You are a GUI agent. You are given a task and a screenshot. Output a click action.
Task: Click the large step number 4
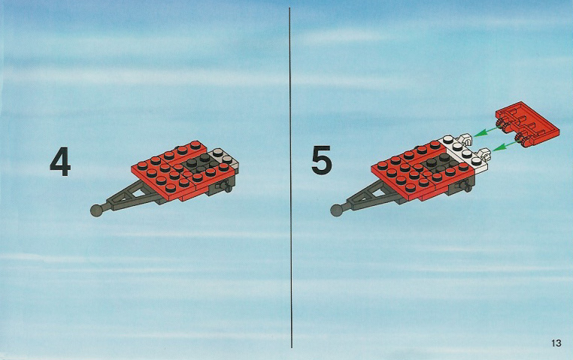click(x=60, y=162)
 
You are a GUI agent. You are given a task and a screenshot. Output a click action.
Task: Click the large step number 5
click(x=322, y=159)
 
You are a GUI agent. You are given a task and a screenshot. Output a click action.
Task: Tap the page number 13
click(x=556, y=343)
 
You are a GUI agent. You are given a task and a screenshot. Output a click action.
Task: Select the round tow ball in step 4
click(x=96, y=210)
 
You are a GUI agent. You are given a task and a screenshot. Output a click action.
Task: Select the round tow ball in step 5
click(x=337, y=210)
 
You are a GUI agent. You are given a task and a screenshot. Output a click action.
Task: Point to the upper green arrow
click(x=485, y=132)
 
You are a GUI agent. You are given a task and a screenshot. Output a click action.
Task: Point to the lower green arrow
click(x=504, y=146)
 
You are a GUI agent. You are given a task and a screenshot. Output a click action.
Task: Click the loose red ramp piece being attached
click(x=528, y=125)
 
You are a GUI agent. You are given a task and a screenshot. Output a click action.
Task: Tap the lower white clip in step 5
click(x=484, y=154)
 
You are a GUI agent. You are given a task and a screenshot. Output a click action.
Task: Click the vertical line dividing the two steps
click(x=290, y=178)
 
